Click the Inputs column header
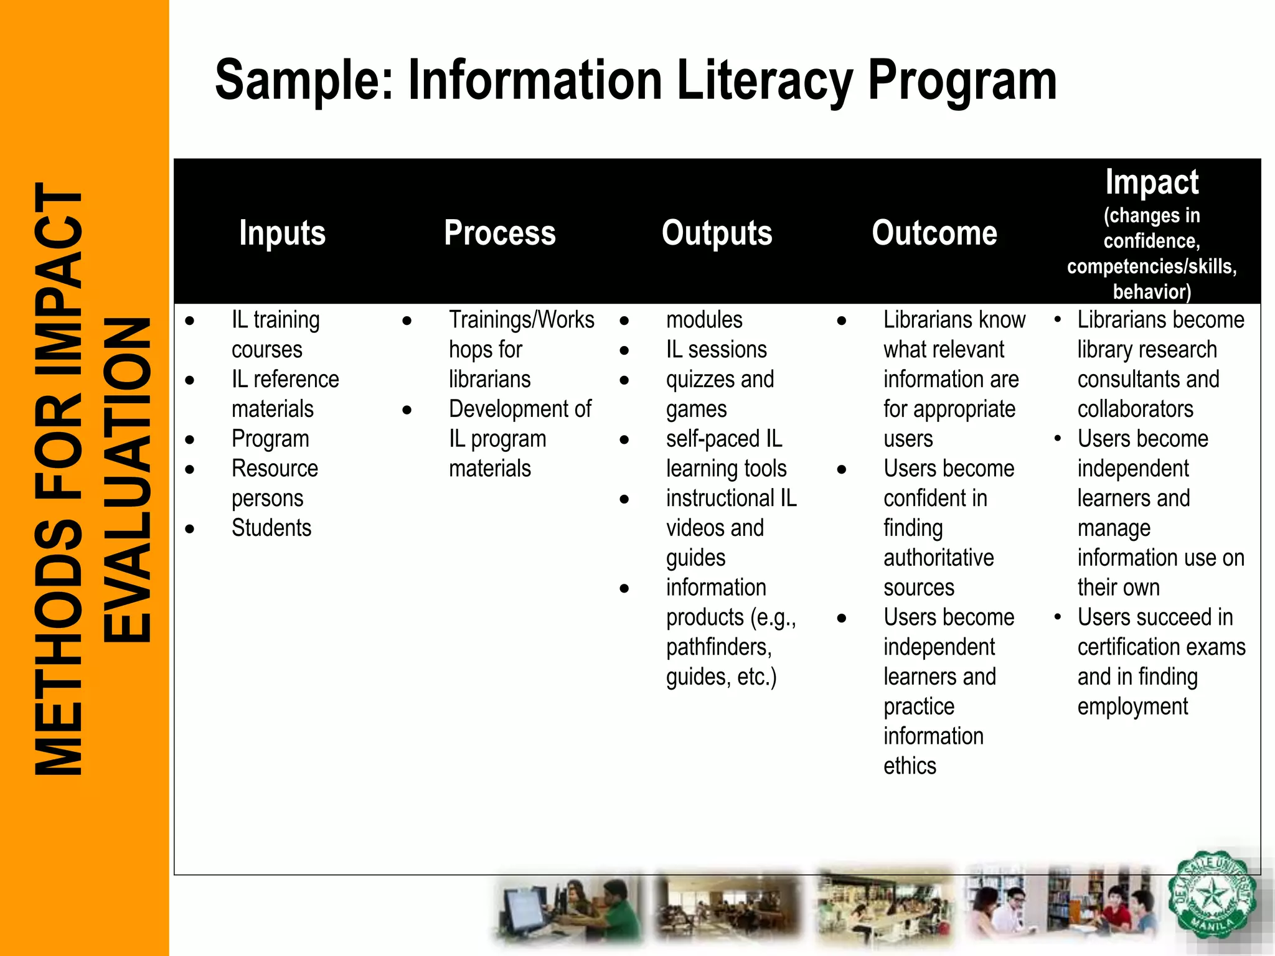point(282,233)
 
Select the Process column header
point(499,233)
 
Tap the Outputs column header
point(717,233)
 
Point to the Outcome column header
point(934,233)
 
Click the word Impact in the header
point(1152,182)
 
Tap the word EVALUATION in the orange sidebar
point(128,479)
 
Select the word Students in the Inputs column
point(271,528)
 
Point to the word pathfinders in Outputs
point(718,647)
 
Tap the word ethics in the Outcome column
point(910,766)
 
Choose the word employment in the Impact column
point(1132,707)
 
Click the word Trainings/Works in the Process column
point(522,320)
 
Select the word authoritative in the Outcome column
point(938,558)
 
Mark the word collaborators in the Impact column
point(1135,409)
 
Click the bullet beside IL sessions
point(624,350)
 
